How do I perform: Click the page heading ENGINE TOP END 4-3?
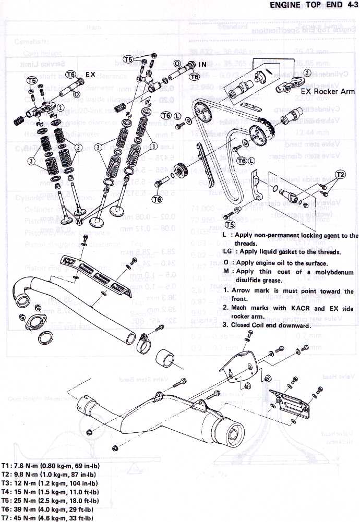point(313,6)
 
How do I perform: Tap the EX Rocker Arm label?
point(327,91)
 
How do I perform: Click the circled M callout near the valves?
point(79,221)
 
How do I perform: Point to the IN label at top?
point(202,65)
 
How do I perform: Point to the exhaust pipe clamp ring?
point(142,344)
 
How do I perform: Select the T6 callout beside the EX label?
point(71,75)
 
